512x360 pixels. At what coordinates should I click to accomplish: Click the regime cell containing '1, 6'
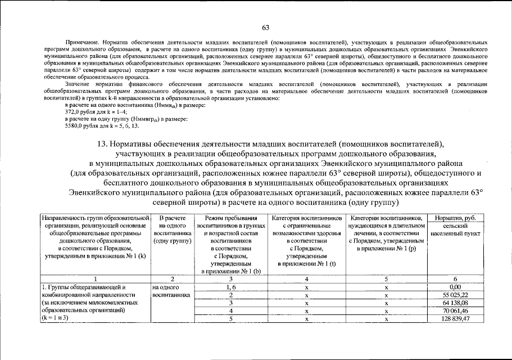click(x=230, y=287)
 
